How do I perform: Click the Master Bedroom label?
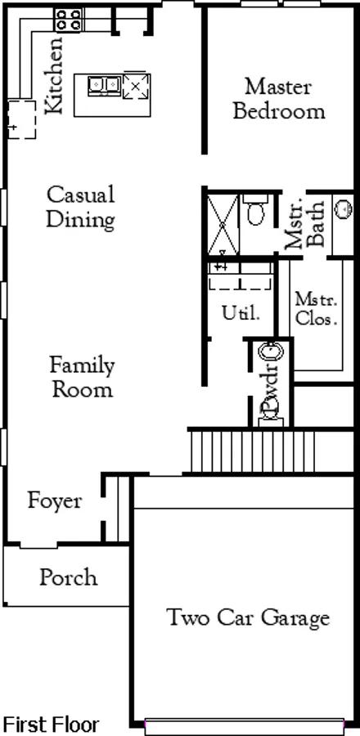[x=279, y=99]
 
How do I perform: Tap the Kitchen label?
[x=53, y=75]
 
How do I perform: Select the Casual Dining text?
[x=81, y=207]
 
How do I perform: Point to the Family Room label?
[x=82, y=377]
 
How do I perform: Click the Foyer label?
[x=55, y=500]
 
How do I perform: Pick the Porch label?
[x=69, y=577]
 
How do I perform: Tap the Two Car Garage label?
[x=248, y=617]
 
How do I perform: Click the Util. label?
[x=241, y=313]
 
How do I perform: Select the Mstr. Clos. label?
[x=317, y=308]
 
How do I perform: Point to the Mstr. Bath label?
[x=305, y=225]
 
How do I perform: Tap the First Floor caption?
[x=50, y=724]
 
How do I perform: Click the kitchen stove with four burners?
[x=69, y=20]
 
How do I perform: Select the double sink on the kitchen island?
[x=104, y=85]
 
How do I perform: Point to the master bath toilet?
[x=255, y=210]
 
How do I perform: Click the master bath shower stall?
[x=223, y=225]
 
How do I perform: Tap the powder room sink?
[x=270, y=351]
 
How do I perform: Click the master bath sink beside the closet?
[x=343, y=208]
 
